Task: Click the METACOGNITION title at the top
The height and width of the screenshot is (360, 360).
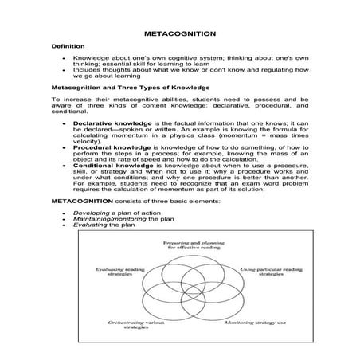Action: pyautogui.click(x=179, y=35)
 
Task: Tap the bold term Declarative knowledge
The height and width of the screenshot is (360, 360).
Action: pyautogui.click(x=110, y=125)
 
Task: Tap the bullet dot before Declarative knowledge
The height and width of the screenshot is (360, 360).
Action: pyautogui.click(x=64, y=125)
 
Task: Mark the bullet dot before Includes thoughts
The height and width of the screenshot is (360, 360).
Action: pyautogui.click(x=64, y=70)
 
